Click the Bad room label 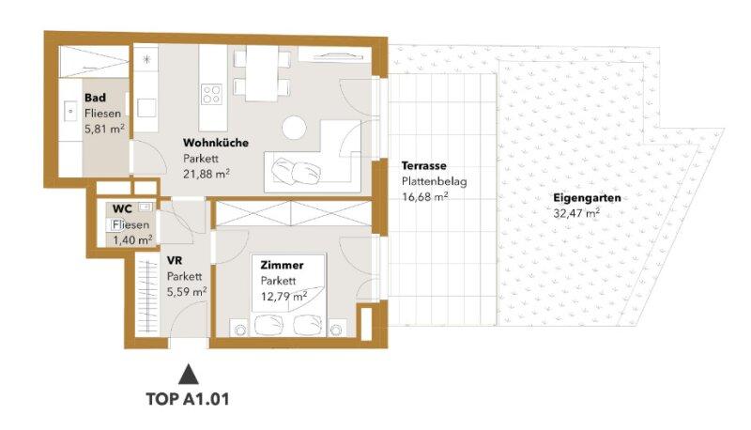[x=95, y=98]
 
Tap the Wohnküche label [x=216, y=143]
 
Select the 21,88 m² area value [x=206, y=174]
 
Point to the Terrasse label [x=424, y=165]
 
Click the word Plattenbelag [x=434, y=181]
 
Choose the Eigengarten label [x=587, y=198]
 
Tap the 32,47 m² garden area [x=576, y=213]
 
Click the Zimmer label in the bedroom [x=282, y=265]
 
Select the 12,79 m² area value [x=284, y=297]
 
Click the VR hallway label [x=175, y=261]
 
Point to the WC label [x=122, y=209]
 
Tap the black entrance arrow [x=189, y=374]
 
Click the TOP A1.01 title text [x=188, y=399]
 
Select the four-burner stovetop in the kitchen [x=211, y=94]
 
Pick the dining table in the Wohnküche [x=262, y=73]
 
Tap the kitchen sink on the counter [x=146, y=108]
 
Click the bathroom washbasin [x=70, y=111]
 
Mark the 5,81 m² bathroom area [x=104, y=129]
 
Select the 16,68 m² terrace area [x=425, y=197]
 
